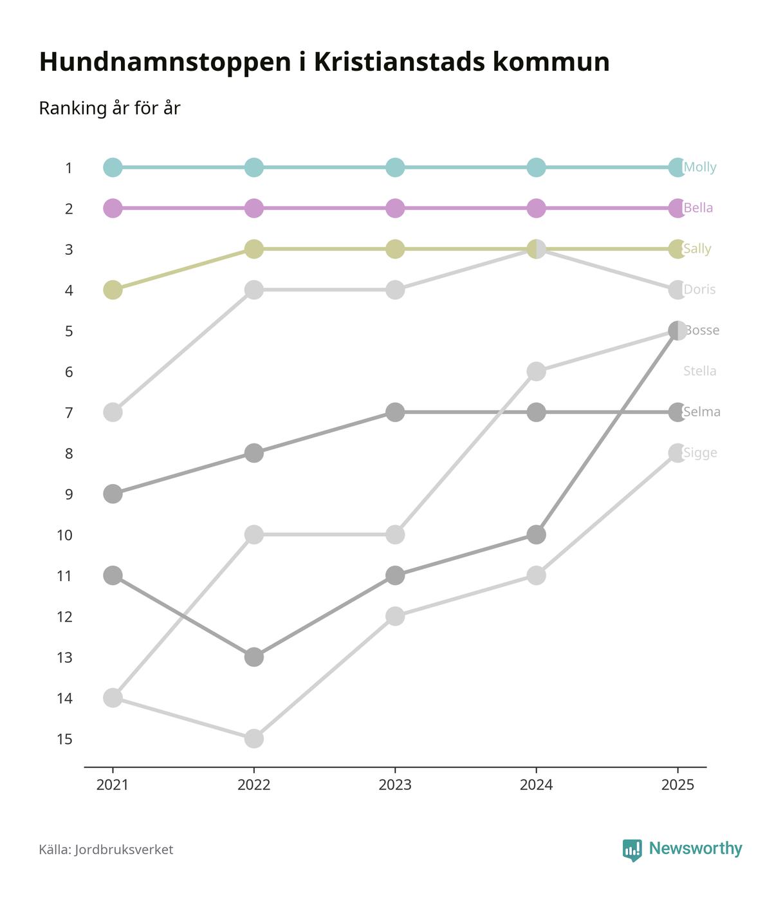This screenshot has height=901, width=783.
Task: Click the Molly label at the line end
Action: (x=700, y=167)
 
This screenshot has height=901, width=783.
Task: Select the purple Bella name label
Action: (x=698, y=208)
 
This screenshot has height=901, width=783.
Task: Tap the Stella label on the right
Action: (x=699, y=371)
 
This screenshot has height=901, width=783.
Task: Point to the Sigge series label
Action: (x=700, y=453)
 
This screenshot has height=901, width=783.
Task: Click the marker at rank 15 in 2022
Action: (x=254, y=738)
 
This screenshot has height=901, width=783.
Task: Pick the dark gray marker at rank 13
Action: (x=254, y=657)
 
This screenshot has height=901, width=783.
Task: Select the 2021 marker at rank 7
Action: (x=113, y=412)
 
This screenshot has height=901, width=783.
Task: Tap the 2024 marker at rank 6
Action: (x=536, y=371)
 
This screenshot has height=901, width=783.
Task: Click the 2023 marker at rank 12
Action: (x=395, y=616)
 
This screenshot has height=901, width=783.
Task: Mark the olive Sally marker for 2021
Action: (x=113, y=290)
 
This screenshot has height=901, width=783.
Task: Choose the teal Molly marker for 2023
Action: (x=395, y=167)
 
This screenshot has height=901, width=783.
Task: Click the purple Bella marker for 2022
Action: (x=254, y=209)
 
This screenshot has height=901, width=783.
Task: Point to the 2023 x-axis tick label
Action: (x=395, y=785)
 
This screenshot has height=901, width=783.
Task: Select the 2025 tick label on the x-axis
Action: (x=677, y=785)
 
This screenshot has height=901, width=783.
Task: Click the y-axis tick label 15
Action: (x=64, y=739)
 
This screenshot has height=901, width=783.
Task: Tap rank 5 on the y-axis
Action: (x=68, y=331)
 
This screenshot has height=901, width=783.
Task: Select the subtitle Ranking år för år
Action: (x=109, y=108)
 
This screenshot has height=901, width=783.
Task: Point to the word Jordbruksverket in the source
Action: (x=124, y=850)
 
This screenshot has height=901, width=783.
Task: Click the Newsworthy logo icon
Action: (x=632, y=850)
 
